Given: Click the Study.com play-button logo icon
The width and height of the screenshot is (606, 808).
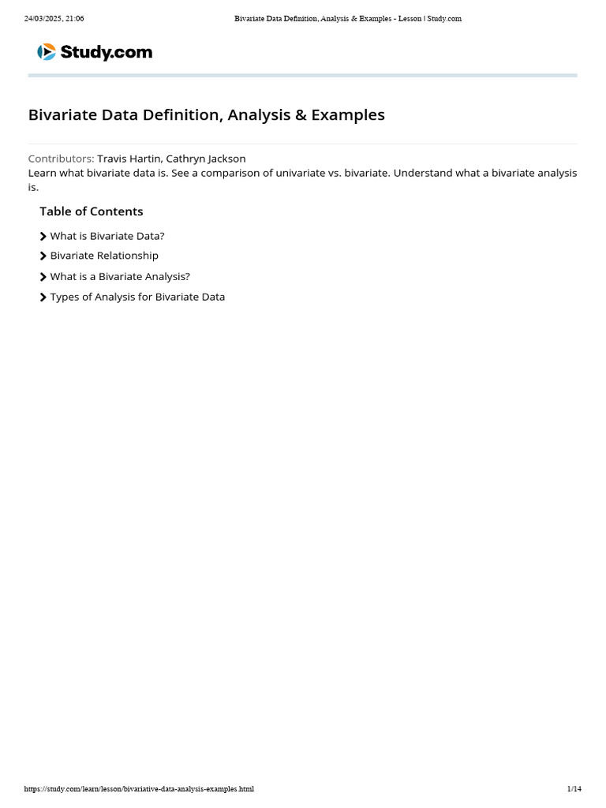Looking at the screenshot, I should tap(47, 52).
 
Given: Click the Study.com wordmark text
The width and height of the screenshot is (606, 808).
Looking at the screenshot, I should tap(107, 53).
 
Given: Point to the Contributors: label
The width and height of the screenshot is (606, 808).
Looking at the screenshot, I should tap(61, 159).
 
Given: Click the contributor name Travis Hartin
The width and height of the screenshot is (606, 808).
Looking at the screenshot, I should tap(129, 159).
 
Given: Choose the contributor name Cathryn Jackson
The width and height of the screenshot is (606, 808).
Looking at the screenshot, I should tap(206, 159).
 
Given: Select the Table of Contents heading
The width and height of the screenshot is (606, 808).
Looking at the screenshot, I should tap(92, 211).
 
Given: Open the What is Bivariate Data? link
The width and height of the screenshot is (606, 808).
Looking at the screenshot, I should tap(107, 236).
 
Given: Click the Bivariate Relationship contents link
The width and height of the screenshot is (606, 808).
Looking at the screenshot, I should tap(104, 256).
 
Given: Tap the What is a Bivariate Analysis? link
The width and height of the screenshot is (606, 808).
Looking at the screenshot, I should tap(120, 277).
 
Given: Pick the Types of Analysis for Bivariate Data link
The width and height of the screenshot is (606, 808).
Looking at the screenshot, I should tap(137, 297).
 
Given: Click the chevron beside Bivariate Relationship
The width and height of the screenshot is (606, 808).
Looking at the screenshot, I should tap(43, 256).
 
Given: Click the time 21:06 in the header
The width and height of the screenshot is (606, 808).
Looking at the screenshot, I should tap(74, 19).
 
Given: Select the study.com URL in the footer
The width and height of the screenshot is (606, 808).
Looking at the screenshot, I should tap(139, 789).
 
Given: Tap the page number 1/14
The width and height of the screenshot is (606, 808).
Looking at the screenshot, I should tap(574, 789).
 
